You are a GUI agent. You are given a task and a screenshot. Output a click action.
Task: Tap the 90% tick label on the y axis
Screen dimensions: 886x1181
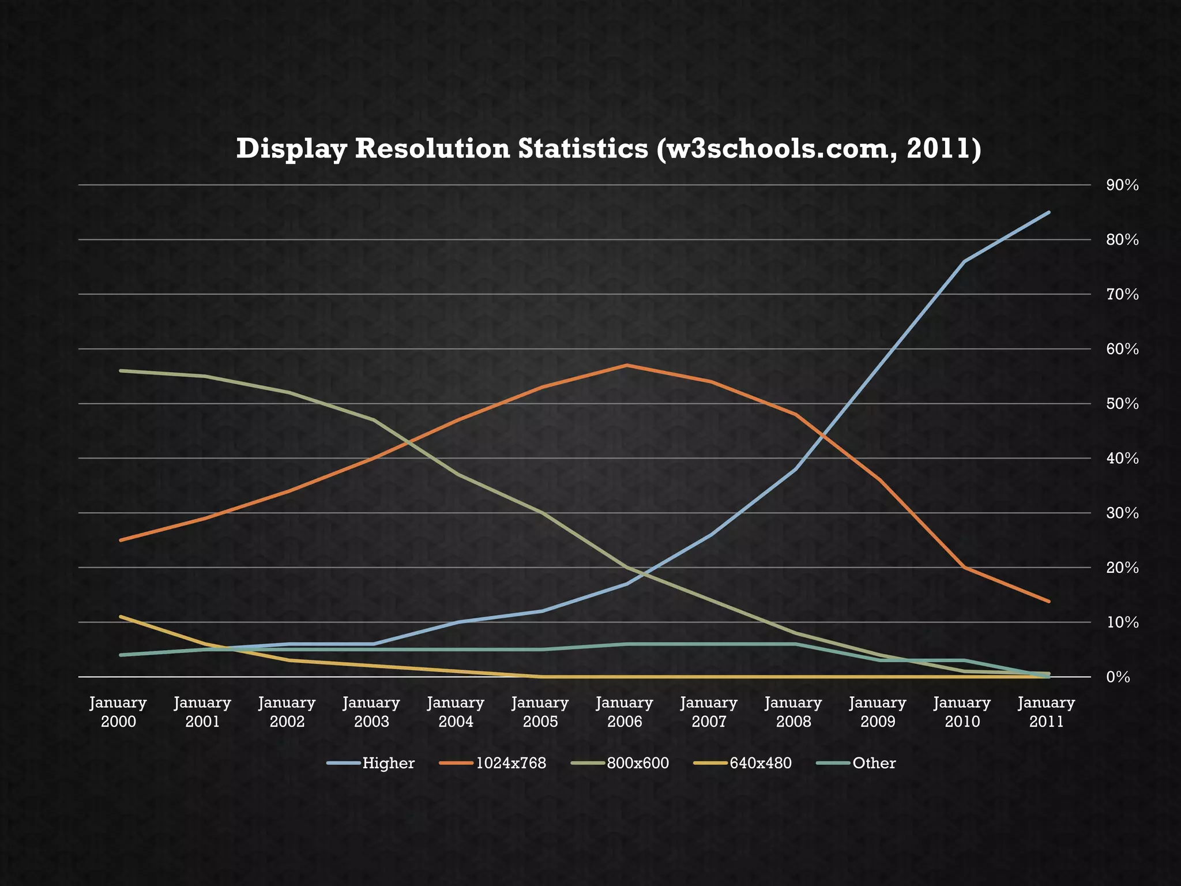(x=1122, y=185)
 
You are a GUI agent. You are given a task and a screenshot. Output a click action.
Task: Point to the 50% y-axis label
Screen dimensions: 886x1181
(x=1122, y=404)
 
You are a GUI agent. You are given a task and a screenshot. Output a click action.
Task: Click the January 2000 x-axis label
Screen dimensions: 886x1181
(x=118, y=712)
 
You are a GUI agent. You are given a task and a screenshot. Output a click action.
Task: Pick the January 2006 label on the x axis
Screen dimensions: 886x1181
(x=625, y=712)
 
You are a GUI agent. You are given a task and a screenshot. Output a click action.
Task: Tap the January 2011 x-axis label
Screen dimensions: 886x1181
(x=1047, y=712)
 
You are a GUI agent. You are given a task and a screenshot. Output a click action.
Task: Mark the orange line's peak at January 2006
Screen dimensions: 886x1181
(x=626, y=365)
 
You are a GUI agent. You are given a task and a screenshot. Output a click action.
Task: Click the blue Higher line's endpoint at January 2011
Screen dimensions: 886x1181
(x=1049, y=212)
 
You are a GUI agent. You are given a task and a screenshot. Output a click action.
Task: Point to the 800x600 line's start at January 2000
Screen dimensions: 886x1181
(x=120, y=370)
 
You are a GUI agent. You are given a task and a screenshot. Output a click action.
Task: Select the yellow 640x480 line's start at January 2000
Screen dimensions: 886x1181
(x=120, y=617)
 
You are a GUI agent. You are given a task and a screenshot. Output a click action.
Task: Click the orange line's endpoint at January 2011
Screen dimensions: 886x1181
(x=1049, y=601)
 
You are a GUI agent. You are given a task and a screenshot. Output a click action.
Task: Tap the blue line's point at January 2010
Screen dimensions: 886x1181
(x=964, y=261)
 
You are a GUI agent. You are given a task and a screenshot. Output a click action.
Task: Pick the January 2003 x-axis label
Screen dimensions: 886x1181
(x=371, y=712)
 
